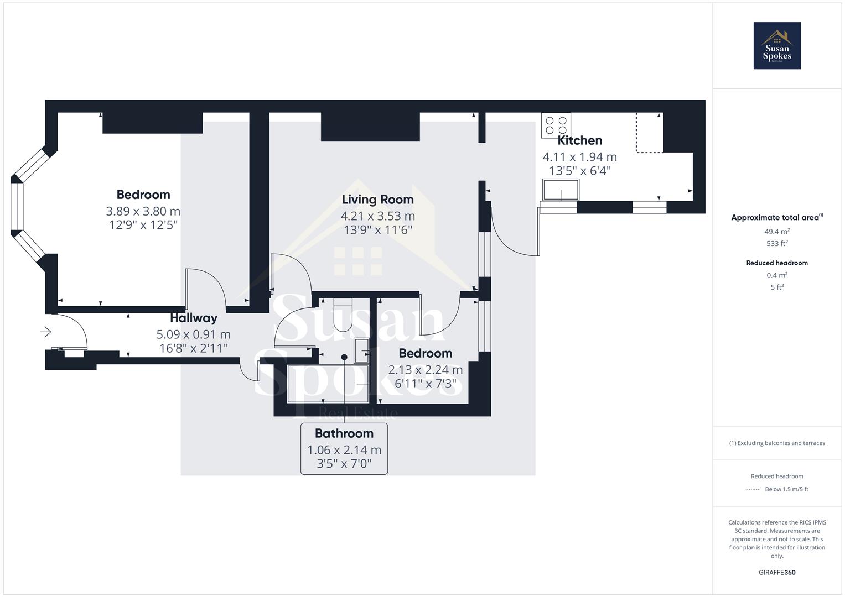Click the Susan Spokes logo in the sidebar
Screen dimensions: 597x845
tap(777, 46)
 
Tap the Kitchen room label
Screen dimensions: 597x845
tap(579, 140)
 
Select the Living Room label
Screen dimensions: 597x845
tap(377, 200)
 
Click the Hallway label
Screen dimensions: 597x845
tap(193, 318)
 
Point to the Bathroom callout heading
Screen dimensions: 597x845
tap(344, 433)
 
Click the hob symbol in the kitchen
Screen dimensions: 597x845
tap(556, 125)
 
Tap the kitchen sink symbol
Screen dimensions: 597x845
tap(561, 190)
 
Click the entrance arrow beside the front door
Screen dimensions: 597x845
tap(46, 332)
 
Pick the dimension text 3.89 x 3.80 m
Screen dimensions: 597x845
tap(143, 211)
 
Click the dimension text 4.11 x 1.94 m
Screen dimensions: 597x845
tap(579, 157)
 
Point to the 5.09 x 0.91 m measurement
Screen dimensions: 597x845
tap(193, 334)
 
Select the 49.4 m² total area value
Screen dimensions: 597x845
tap(777, 232)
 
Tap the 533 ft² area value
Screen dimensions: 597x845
tap(777, 243)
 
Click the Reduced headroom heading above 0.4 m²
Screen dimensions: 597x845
tap(777, 263)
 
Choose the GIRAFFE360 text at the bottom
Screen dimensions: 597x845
tap(777, 573)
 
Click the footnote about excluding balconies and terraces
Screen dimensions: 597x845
tap(777, 443)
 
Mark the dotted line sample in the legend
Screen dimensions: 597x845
tap(753, 489)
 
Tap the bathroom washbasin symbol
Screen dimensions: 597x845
tap(362, 350)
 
